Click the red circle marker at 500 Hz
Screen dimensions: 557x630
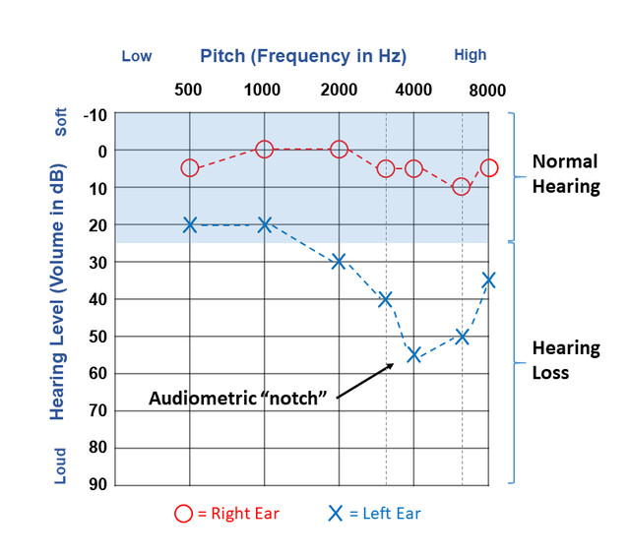coord(190,168)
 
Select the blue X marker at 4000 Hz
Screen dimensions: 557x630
coord(414,354)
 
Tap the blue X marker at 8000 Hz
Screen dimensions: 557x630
coord(488,280)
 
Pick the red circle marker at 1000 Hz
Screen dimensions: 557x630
coord(264,150)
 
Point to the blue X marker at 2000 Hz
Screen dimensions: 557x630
coord(339,261)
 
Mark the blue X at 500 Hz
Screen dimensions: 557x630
coord(190,224)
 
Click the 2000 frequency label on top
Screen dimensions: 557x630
coord(339,90)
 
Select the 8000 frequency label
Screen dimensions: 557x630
coord(487,91)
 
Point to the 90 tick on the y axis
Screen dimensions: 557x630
coord(98,484)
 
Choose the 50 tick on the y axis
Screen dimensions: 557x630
coord(98,336)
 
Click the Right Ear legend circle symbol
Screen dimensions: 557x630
coord(184,513)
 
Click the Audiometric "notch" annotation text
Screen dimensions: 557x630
coord(237,398)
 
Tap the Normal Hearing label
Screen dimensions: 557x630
coord(566,173)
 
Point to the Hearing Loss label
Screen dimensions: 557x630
coord(566,360)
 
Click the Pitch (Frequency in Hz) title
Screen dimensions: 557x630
coord(303,55)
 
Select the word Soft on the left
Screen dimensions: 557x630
coord(61,122)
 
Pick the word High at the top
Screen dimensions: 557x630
coord(470,55)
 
